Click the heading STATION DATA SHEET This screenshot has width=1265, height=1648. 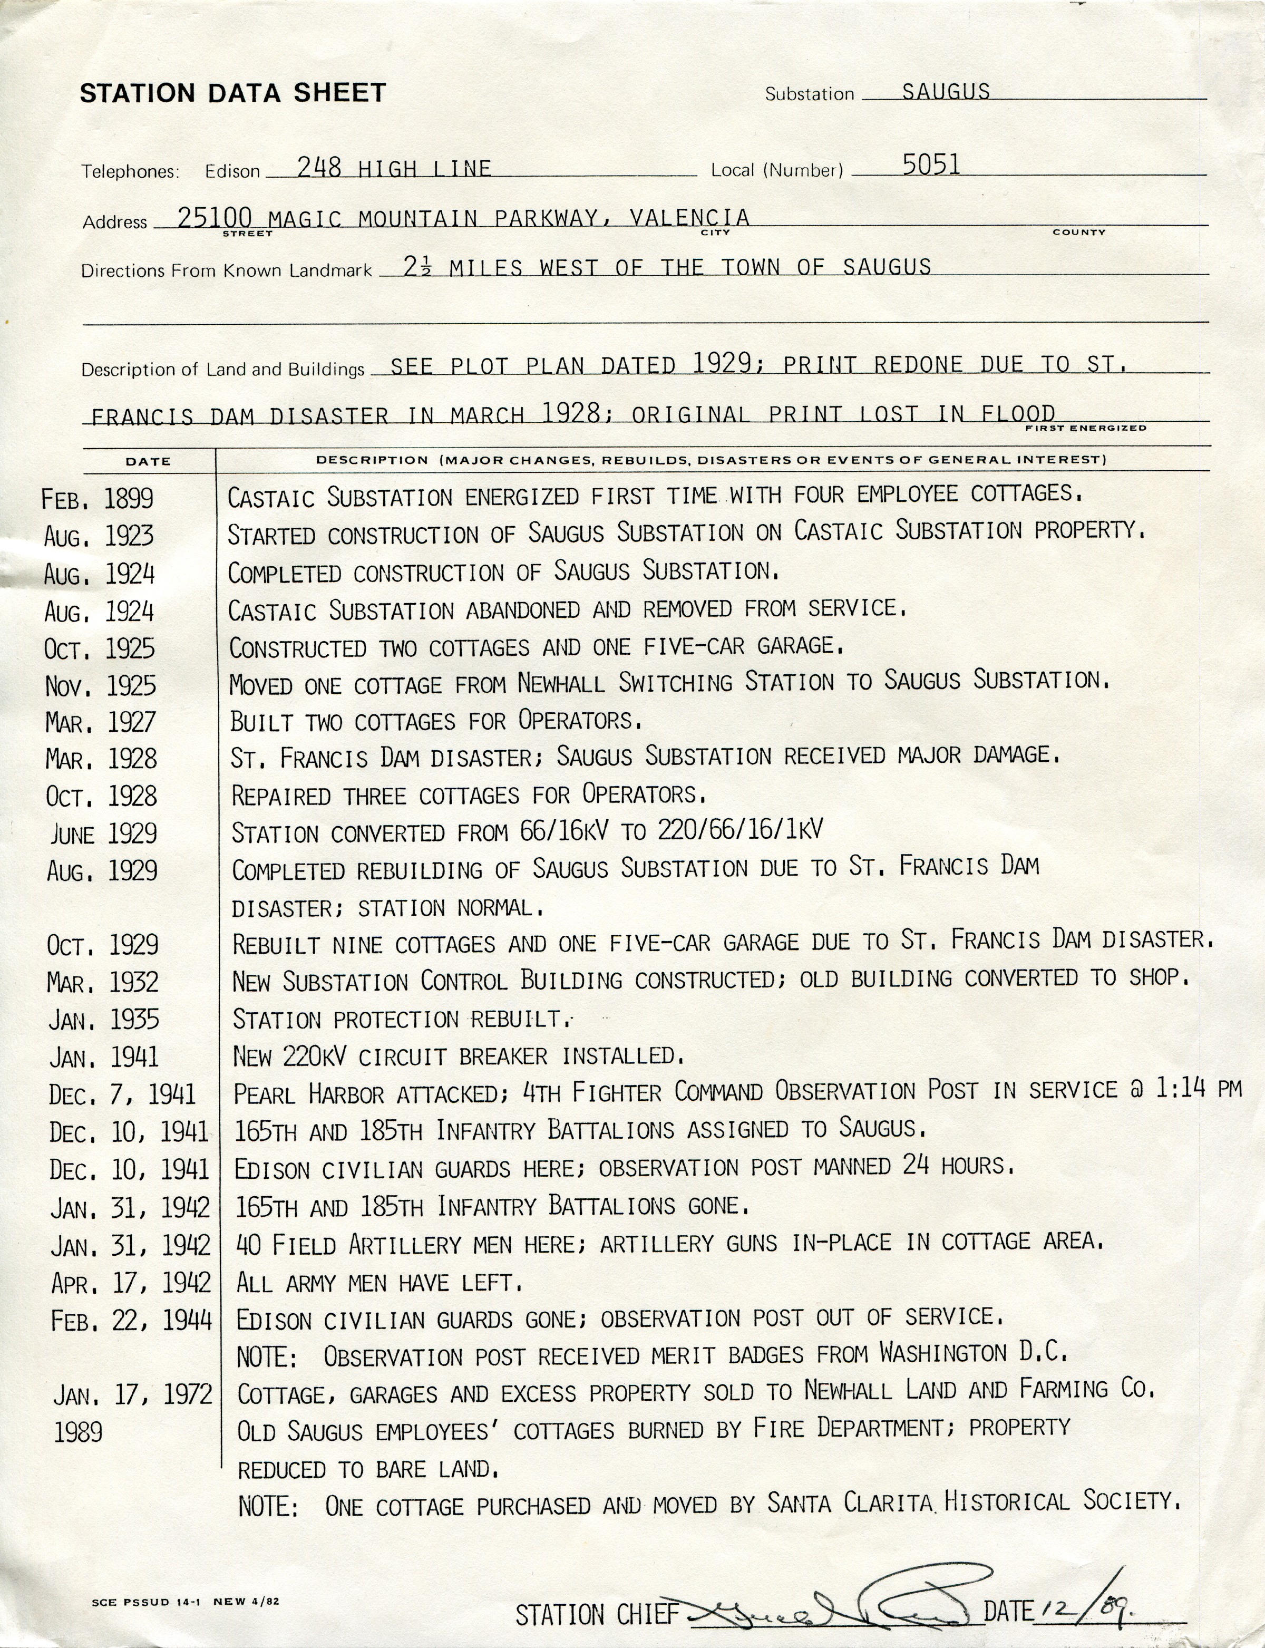point(232,93)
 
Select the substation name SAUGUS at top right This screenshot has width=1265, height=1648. point(946,91)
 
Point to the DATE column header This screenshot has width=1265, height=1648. point(148,461)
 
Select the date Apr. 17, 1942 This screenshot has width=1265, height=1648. point(131,1283)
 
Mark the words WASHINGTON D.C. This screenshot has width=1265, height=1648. point(974,1353)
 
